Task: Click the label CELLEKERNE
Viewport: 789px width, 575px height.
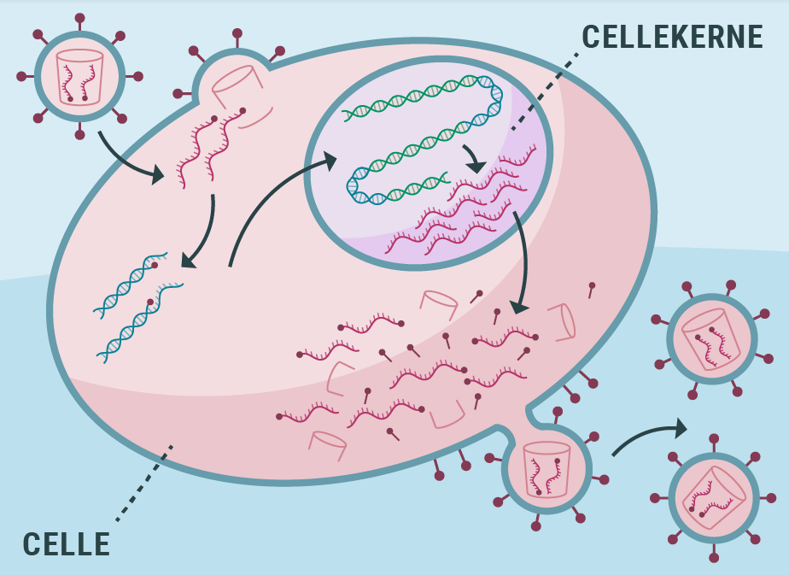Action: (672, 37)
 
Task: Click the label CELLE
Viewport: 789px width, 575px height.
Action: (66, 544)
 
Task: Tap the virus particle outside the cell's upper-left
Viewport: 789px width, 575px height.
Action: (79, 76)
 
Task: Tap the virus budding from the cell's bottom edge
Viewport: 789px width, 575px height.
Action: (546, 467)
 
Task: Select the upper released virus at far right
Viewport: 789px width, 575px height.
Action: (711, 340)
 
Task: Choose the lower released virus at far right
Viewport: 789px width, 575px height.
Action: (714, 497)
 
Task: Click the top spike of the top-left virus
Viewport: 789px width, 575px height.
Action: (79, 19)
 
